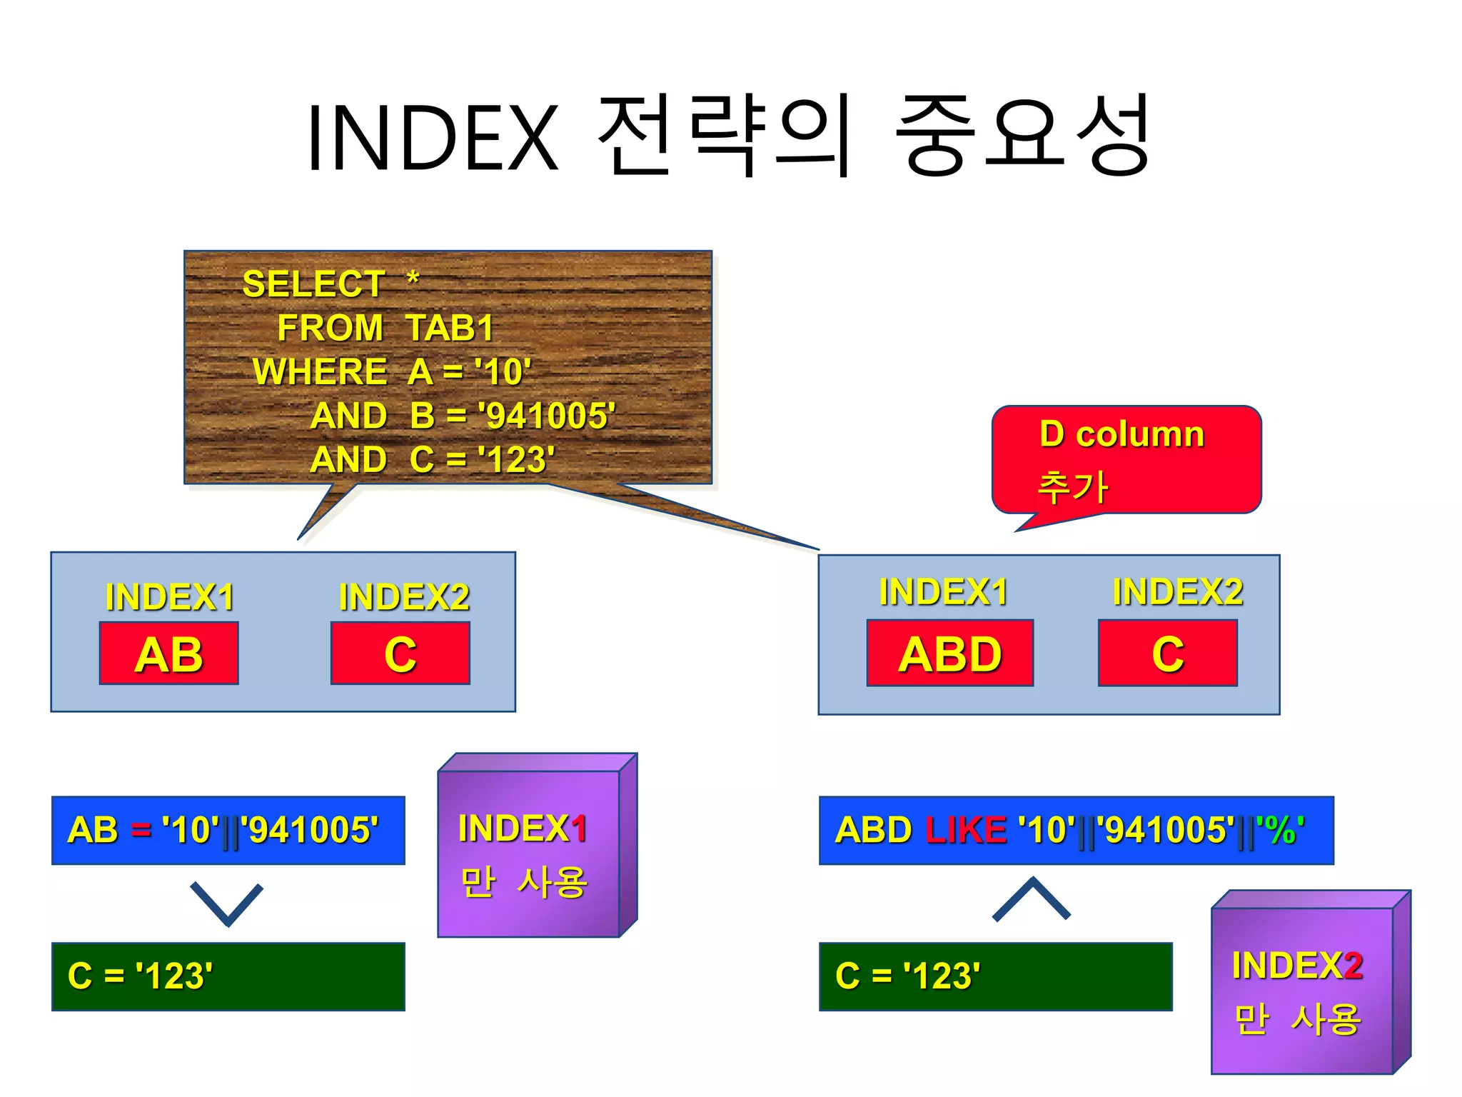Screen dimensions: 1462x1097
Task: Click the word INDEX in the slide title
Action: [x=433, y=138]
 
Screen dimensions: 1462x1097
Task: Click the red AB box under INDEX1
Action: [x=168, y=653]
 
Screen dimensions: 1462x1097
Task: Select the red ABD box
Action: [x=949, y=653]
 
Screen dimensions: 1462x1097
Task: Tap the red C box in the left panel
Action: [x=400, y=653]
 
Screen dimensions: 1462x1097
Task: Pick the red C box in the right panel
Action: [x=1167, y=653]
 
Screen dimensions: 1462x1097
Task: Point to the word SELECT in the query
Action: [x=313, y=284]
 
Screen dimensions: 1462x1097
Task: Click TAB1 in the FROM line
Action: [x=450, y=329]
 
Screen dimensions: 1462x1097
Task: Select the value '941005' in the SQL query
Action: [x=546, y=416]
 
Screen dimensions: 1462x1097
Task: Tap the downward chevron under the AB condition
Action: [x=227, y=903]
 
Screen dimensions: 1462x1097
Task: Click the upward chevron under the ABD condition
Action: [x=1031, y=898]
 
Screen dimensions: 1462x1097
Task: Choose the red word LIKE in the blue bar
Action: [x=965, y=830]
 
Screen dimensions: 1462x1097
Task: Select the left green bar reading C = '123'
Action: [x=228, y=976]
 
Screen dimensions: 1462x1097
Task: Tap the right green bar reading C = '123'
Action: [x=995, y=976]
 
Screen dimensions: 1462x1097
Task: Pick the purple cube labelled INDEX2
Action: [x=1302, y=990]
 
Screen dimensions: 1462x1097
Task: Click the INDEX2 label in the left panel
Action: [x=404, y=597]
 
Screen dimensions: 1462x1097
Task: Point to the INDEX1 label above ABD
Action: [x=943, y=592]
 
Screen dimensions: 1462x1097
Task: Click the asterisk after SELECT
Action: [x=413, y=278]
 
